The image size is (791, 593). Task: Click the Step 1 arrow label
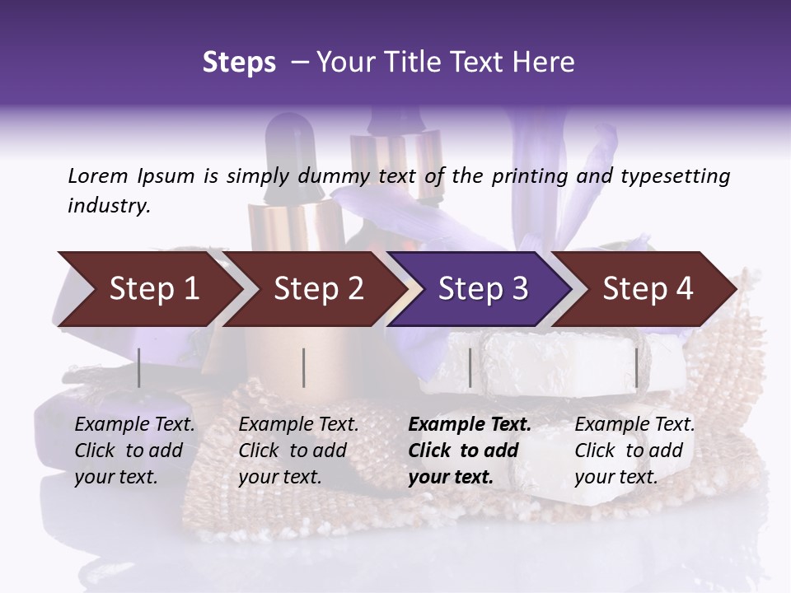154,288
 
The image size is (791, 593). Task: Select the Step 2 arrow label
319,288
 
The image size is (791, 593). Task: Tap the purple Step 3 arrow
483,288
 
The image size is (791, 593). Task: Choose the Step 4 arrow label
648,288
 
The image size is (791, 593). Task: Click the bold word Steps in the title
239,63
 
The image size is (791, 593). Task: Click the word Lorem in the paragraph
98,175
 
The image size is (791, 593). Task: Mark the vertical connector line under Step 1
139,367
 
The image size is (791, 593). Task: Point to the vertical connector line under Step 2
304,367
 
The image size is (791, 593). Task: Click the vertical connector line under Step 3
470,367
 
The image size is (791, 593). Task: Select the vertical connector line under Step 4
636,367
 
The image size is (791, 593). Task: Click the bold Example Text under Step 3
470,424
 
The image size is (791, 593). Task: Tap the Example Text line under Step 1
135,424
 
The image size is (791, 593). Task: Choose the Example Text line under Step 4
634,424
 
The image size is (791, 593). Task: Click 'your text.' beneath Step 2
279,477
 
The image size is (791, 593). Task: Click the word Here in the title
545,63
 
